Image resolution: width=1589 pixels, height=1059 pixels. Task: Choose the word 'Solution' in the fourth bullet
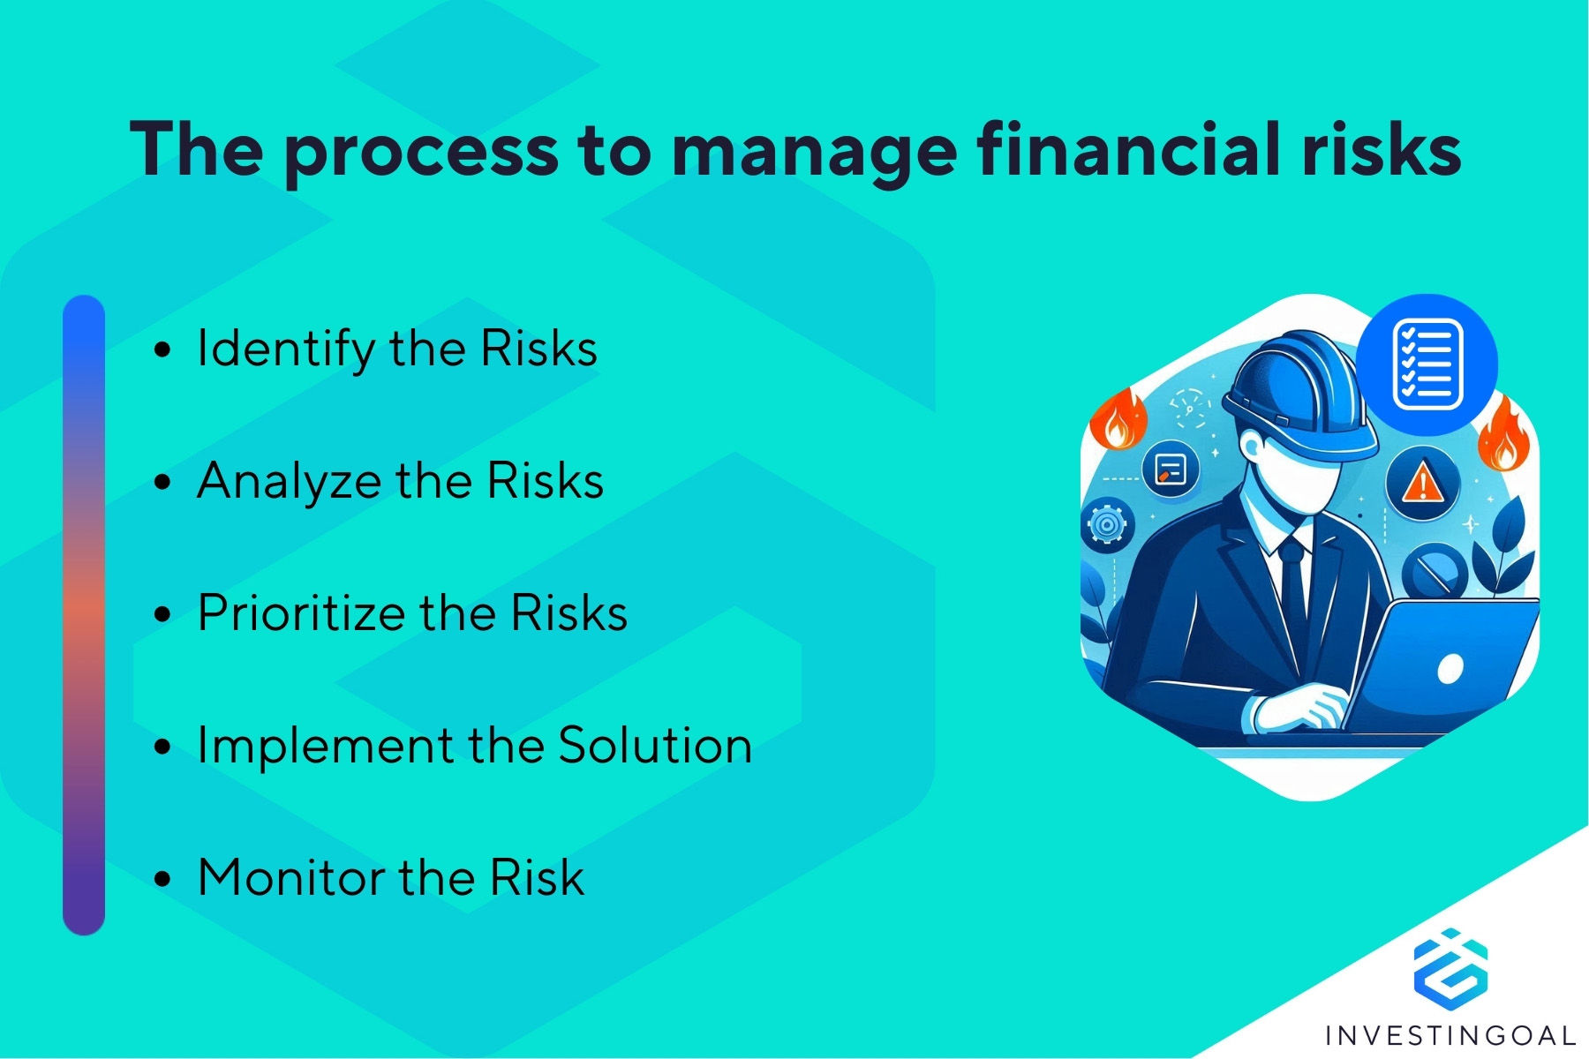click(655, 745)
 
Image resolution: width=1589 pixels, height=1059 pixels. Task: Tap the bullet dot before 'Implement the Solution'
click(162, 747)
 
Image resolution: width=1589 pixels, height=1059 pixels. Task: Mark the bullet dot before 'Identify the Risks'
click(162, 349)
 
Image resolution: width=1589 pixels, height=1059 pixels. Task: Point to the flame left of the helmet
click(1118, 418)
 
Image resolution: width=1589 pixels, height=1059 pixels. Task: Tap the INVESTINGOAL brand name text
click(1450, 1035)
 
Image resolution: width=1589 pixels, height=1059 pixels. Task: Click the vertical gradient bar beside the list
click(84, 615)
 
